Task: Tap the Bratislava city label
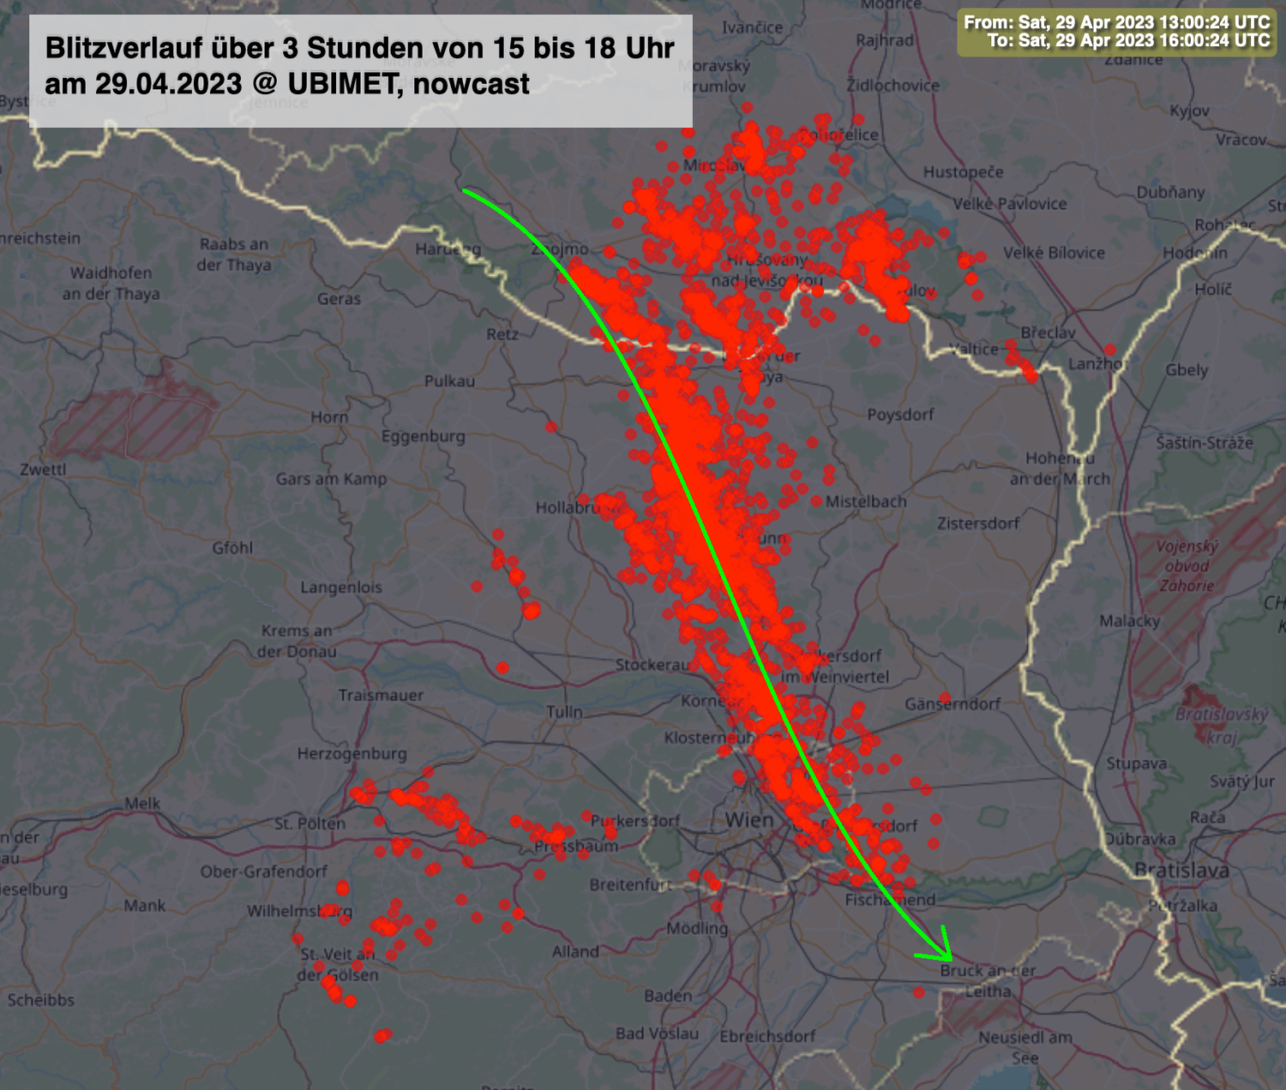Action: tap(1181, 870)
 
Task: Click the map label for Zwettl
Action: tap(43, 470)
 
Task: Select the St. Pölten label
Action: tap(309, 823)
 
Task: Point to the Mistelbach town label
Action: tap(866, 501)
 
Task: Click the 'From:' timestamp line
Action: tap(1116, 22)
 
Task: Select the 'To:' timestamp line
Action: tap(1128, 40)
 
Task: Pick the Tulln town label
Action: tap(565, 711)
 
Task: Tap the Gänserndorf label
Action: tap(952, 704)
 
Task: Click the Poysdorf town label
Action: tap(900, 415)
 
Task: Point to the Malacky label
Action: tap(1129, 620)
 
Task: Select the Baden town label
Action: tap(668, 996)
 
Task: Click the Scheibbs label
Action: tap(41, 1000)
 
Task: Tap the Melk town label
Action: tap(142, 803)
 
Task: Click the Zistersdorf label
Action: tap(978, 523)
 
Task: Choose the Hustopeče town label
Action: tap(963, 172)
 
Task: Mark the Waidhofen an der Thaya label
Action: tap(111, 284)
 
